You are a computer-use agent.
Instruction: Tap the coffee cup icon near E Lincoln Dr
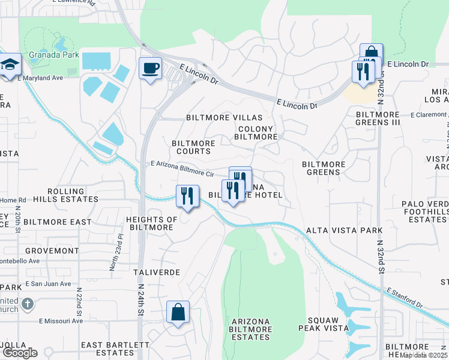(x=150, y=67)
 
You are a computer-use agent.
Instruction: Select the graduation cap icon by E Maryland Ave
(x=10, y=65)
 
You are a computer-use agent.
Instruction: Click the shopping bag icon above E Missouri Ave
(x=178, y=312)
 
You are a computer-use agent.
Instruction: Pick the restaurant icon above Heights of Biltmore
(x=187, y=196)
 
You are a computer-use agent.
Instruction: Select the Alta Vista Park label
(x=345, y=230)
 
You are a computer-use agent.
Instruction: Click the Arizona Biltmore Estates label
(x=251, y=329)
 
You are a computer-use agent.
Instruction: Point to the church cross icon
(x=27, y=304)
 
